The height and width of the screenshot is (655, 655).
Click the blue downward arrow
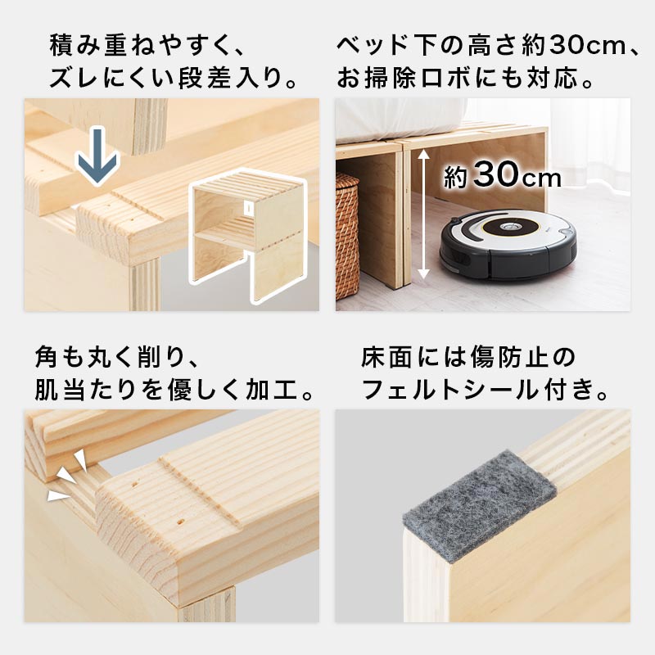pos(97,156)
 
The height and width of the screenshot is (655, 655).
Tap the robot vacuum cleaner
pos(508,245)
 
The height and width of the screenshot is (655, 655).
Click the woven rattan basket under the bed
pos(347,236)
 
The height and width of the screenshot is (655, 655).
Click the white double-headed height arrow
pos(423,214)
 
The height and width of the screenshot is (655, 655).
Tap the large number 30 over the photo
pos(496,174)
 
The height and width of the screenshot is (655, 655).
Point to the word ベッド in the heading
pos(372,45)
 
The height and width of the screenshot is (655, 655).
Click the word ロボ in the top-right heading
pos(449,77)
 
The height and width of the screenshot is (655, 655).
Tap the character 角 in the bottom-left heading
pos(47,357)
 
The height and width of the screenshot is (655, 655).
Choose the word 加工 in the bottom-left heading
pos(272,390)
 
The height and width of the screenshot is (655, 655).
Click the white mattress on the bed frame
pos(400,119)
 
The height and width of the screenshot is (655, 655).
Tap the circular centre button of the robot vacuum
pos(508,228)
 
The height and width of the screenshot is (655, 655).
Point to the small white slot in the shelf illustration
pos(248,207)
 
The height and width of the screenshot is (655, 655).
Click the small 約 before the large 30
pos(456,178)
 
